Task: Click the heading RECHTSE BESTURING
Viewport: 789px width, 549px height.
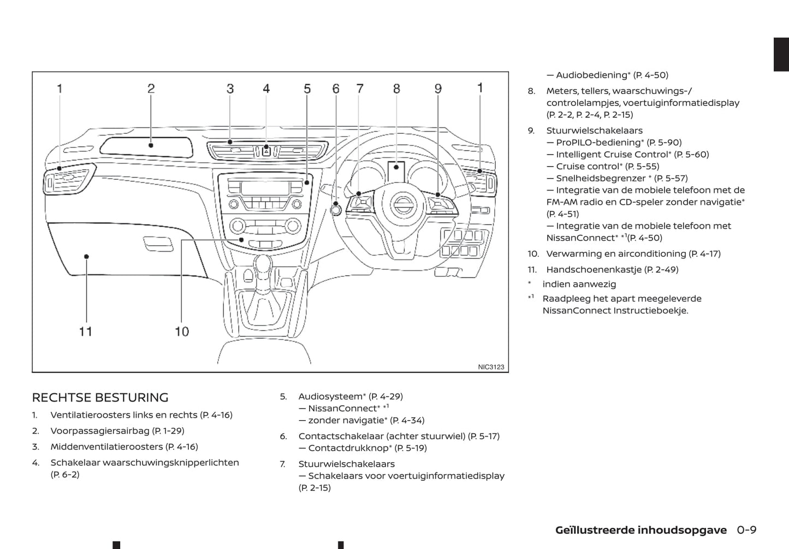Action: click(x=100, y=397)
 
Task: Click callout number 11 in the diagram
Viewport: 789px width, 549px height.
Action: click(x=86, y=331)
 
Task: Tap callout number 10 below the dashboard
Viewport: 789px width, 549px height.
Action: click(x=182, y=331)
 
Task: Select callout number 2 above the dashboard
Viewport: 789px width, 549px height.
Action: click(x=151, y=88)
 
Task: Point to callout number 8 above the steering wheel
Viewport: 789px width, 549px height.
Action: click(x=396, y=88)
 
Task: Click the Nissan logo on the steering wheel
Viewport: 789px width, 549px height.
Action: click(x=404, y=206)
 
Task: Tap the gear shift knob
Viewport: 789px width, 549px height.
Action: click(x=263, y=264)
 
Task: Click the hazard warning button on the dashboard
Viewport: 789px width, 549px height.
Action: click(x=266, y=151)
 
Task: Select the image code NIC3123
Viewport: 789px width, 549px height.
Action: click(x=491, y=367)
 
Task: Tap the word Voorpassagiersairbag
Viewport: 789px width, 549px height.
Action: click(x=100, y=431)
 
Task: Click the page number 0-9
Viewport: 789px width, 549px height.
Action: click(x=746, y=530)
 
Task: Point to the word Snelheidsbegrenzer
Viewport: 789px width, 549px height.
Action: click(x=601, y=178)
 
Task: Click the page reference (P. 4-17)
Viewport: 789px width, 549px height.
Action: click(x=704, y=253)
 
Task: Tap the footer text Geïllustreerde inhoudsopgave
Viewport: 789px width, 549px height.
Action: click(x=640, y=530)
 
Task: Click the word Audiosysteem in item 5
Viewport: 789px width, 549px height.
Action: click(x=330, y=397)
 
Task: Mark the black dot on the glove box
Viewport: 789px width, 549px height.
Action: click(x=86, y=256)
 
